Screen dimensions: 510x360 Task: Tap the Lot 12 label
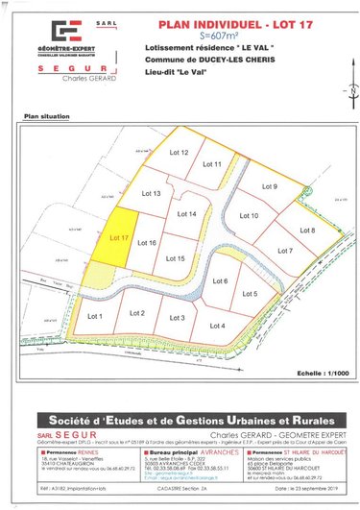click(x=179, y=153)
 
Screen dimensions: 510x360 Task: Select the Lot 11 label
click(x=212, y=164)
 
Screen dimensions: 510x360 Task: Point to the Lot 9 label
click(x=269, y=186)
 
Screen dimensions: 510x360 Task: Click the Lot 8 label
click(x=307, y=231)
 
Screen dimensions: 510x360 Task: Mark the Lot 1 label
click(x=95, y=316)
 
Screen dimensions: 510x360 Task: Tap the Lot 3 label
click(x=177, y=318)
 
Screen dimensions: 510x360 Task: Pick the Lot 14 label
click(x=187, y=214)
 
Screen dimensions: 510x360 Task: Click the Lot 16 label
click(x=147, y=243)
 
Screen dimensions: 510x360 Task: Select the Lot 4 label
click(x=216, y=326)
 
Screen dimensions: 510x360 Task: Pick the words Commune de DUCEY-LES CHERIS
click(x=197, y=61)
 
